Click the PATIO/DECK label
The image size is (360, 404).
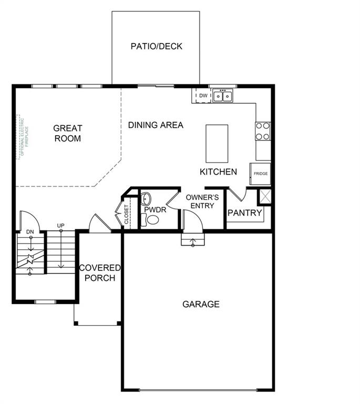(x=156, y=46)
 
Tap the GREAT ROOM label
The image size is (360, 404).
(x=68, y=133)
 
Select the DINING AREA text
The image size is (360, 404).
(x=156, y=125)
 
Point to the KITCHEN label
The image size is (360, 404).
(x=218, y=171)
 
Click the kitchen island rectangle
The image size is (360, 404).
(x=217, y=144)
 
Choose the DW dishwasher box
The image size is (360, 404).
(x=202, y=96)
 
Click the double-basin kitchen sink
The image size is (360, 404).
(x=223, y=96)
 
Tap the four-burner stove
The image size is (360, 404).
(x=263, y=132)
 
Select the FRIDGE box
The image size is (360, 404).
(x=261, y=174)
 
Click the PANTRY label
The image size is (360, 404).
(x=244, y=213)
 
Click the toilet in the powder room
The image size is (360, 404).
(x=152, y=220)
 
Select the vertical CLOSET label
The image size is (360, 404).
(x=126, y=215)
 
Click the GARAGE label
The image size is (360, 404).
(x=201, y=304)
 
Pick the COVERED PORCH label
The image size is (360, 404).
(x=100, y=272)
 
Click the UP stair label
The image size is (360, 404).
(x=60, y=226)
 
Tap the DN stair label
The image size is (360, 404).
(x=30, y=231)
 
